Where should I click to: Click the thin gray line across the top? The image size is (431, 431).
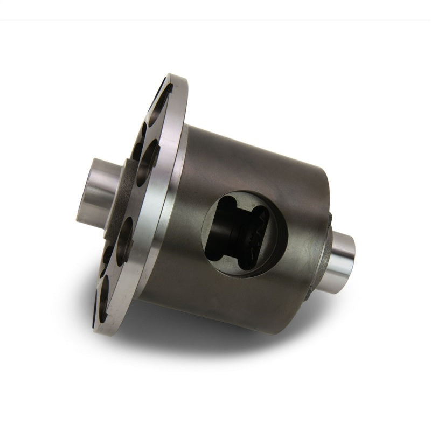tap(215, 20)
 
